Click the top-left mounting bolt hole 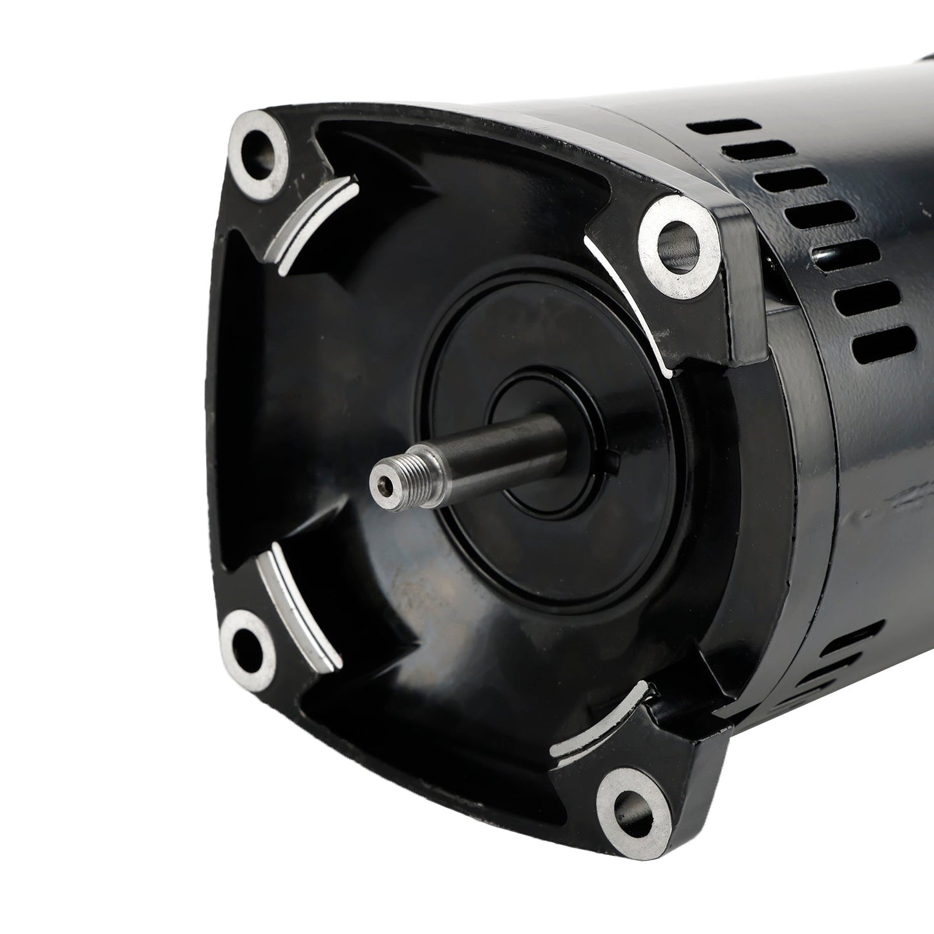[260, 147]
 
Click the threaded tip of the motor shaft [394, 471]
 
